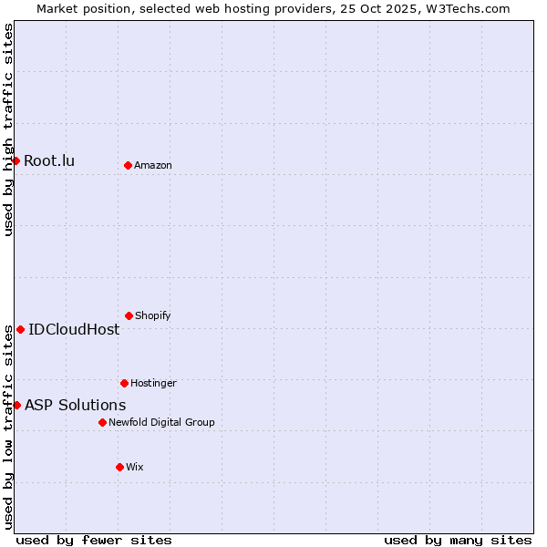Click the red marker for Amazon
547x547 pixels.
128,165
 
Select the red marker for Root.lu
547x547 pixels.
15,160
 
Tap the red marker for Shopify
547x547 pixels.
129,315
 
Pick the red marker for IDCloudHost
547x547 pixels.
20,329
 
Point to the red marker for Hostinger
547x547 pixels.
124,383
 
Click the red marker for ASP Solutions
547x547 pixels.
16,405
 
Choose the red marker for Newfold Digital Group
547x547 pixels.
102,422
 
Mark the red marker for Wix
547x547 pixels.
119,467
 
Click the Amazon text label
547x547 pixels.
153,165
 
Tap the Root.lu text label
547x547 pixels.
49,161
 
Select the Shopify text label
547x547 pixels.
153,315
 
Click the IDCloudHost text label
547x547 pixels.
74,330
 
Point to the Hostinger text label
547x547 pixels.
153,383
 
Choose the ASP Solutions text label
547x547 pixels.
76,405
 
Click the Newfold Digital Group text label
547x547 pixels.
161,422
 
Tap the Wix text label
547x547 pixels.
135,467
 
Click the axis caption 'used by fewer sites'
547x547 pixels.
94,540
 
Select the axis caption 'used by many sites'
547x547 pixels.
458,540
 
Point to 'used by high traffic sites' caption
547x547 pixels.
8,129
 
